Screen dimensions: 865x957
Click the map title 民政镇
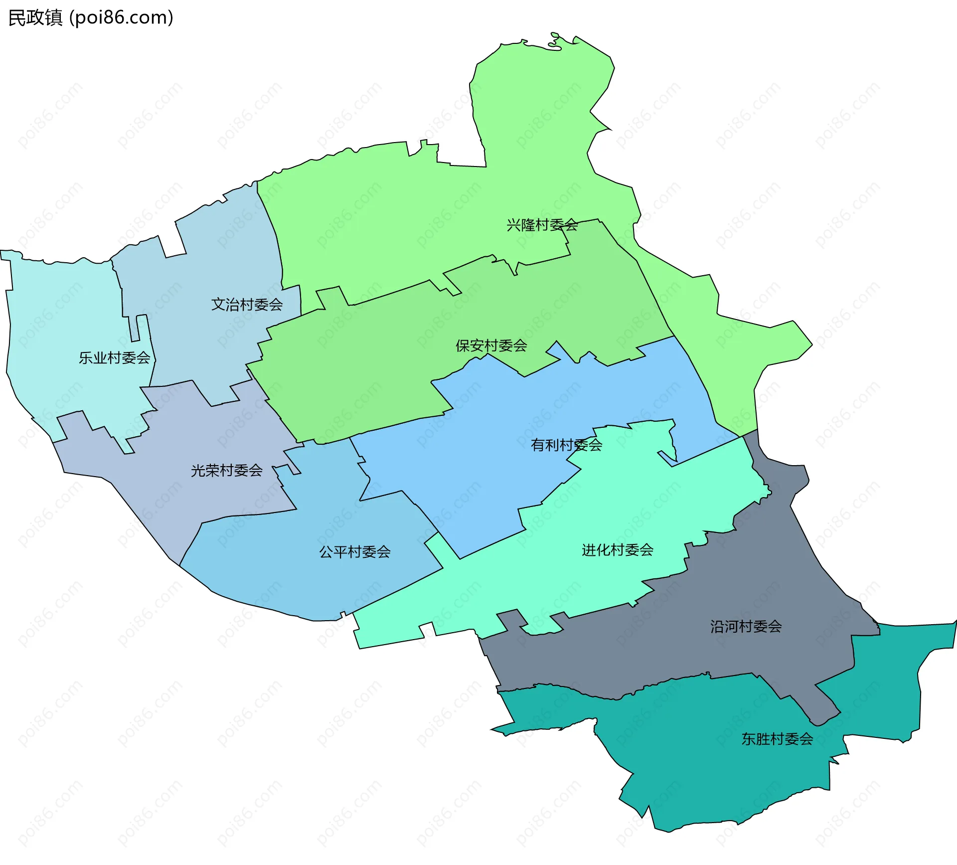(x=35, y=17)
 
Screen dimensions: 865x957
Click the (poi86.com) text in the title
(x=122, y=17)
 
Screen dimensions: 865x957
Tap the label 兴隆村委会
(x=542, y=225)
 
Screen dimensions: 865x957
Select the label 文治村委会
(x=247, y=305)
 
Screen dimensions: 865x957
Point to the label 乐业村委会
(x=114, y=358)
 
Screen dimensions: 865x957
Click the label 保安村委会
(x=491, y=346)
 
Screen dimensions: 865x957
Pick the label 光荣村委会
(x=226, y=471)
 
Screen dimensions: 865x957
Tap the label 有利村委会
(x=566, y=445)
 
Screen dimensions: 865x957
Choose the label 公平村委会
(x=354, y=552)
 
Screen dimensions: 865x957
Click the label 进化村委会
(x=617, y=550)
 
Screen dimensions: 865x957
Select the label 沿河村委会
(x=746, y=627)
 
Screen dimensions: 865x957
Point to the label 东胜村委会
(x=777, y=739)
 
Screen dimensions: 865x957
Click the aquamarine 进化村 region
(x=648, y=499)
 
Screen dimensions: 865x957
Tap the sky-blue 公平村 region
(x=299, y=573)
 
